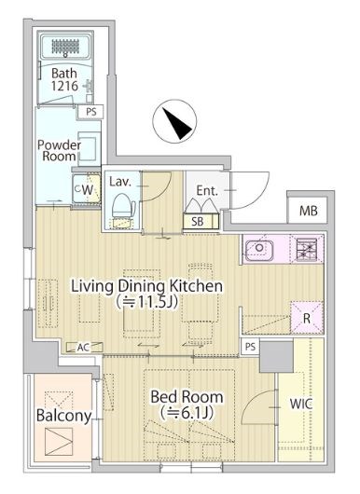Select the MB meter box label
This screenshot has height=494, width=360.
308,211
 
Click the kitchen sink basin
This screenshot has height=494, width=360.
259,250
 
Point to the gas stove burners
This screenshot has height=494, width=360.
306,250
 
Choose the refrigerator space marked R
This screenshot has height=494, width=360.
307,318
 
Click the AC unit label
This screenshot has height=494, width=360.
84,347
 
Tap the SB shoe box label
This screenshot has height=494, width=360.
198,222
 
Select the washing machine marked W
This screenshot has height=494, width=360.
86,189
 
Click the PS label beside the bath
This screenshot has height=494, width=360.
91,112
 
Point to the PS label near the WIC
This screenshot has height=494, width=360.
250,347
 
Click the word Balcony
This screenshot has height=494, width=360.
63,416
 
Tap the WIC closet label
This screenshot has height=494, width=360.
301,404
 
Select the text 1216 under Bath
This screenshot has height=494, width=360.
64,86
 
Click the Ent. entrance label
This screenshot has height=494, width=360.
207,190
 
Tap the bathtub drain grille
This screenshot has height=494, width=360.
65,47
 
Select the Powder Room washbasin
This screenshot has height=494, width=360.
90,148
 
